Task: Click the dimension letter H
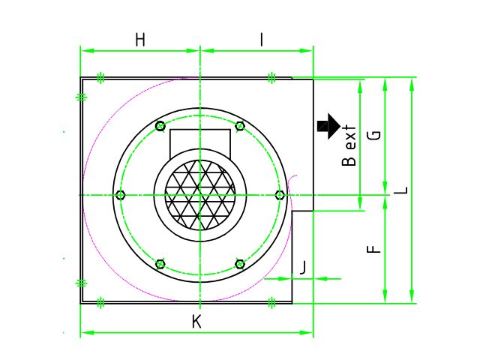point(140,40)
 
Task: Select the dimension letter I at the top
point(262,40)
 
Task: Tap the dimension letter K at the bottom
point(196,322)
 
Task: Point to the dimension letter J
point(302,268)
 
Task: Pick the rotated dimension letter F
point(373,249)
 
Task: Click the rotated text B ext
point(349,145)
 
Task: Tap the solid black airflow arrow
point(328,126)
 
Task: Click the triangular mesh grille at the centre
point(200,195)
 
